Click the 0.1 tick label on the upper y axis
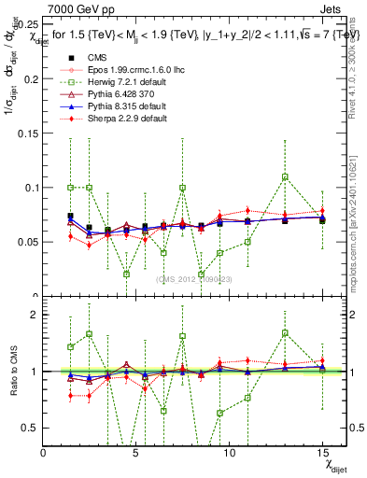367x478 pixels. point(31,188)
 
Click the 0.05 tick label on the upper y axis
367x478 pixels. point(28,242)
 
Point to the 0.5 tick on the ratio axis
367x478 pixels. point(30,428)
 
